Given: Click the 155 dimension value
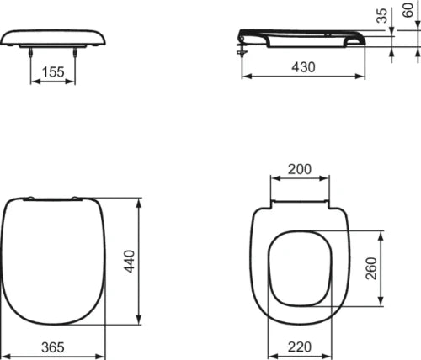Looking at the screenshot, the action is (53, 72).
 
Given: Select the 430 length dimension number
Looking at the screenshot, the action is (303, 67).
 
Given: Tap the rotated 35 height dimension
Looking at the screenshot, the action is (381, 15).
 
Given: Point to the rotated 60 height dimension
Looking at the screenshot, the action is (408, 10).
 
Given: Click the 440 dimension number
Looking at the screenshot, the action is (130, 262).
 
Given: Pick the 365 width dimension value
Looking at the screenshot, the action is (53, 347).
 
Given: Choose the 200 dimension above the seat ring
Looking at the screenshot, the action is (300, 169).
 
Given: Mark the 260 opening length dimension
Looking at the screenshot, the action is (371, 268).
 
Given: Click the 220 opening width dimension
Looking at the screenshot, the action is (300, 347).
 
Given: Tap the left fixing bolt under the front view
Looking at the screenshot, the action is (31, 52).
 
